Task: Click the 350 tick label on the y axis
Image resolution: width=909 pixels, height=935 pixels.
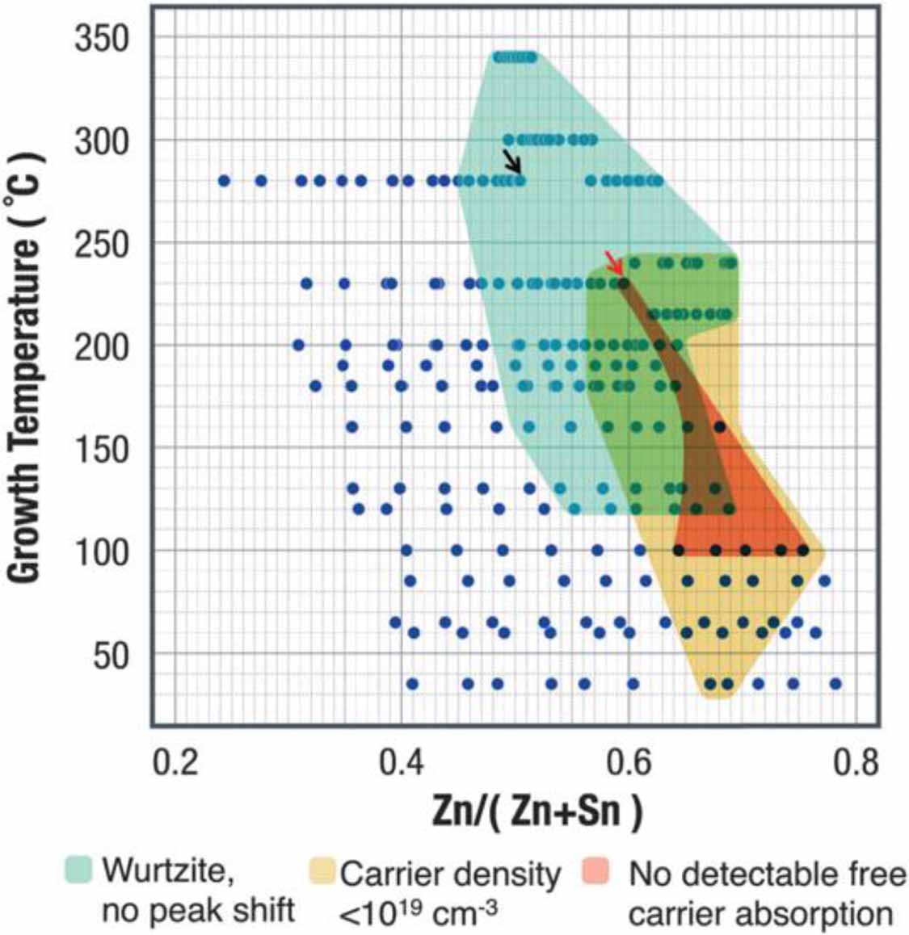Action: pyautogui.click(x=102, y=38)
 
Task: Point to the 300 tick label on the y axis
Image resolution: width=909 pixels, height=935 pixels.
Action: pyautogui.click(x=102, y=141)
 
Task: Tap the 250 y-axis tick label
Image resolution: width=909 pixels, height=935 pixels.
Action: pyautogui.click(x=102, y=245)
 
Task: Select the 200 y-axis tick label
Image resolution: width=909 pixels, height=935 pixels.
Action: pyautogui.click(x=102, y=347)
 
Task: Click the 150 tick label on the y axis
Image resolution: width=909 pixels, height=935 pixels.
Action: pyautogui.click(x=102, y=450)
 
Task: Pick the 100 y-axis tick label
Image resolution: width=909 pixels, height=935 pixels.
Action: pyautogui.click(x=102, y=553)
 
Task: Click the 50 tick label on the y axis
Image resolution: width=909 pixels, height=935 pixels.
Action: pyautogui.click(x=111, y=656)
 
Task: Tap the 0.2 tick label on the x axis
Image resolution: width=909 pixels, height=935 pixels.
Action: pyautogui.click(x=175, y=761)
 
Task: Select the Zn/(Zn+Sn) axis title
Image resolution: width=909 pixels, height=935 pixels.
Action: pyautogui.click(x=537, y=811)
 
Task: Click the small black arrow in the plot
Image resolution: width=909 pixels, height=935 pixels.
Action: pyautogui.click(x=512, y=160)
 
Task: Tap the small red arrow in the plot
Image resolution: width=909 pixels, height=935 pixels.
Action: pyautogui.click(x=614, y=263)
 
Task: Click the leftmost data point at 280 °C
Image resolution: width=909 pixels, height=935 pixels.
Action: pyautogui.click(x=225, y=181)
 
